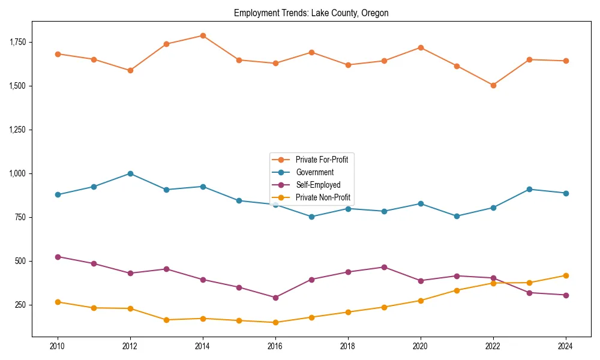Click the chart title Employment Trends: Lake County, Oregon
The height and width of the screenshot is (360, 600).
(x=311, y=13)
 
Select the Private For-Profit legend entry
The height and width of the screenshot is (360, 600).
(x=322, y=160)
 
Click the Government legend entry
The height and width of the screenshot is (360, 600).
(x=314, y=172)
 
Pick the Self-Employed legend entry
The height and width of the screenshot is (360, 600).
(x=317, y=185)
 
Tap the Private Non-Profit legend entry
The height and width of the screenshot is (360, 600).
(x=323, y=197)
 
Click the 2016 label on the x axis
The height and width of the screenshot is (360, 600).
(x=275, y=346)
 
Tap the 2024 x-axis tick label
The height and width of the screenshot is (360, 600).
(x=565, y=346)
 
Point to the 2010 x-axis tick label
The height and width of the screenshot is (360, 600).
(x=58, y=346)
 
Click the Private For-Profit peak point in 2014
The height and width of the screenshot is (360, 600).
(x=203, y=35)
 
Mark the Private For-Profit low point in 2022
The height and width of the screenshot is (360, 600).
(x=493, y=85)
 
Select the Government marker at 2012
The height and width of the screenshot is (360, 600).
(x=130, y=173)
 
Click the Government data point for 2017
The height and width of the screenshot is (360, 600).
(x=311, y=217)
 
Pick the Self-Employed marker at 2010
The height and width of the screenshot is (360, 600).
(x=58, y=257)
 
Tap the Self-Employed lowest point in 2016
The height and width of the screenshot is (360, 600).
(x=275, y=298)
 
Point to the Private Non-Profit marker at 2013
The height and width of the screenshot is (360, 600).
(x=166, y=320)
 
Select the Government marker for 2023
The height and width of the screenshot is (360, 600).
(x=529, y=189)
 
